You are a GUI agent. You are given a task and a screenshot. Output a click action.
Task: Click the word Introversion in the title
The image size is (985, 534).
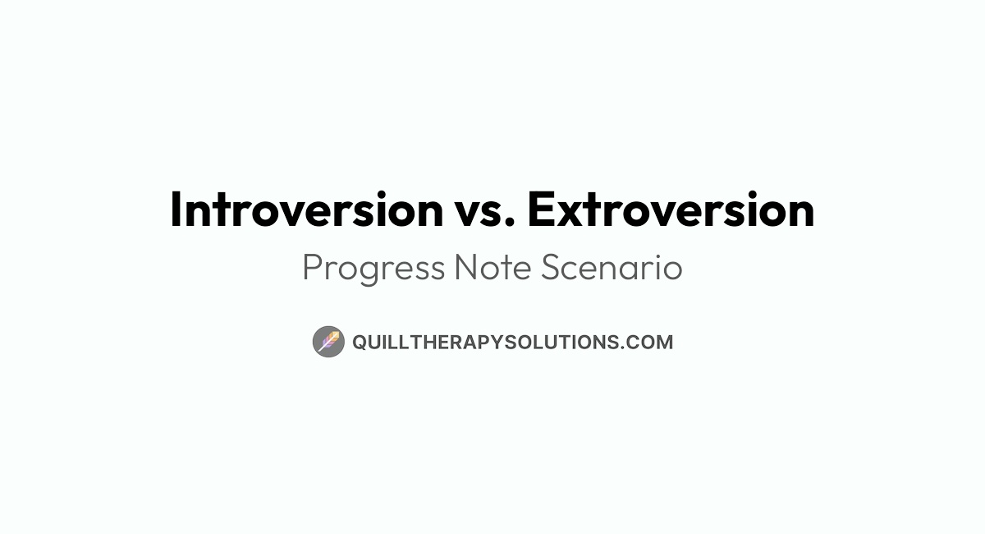pyautogui.click(x=306, y=209)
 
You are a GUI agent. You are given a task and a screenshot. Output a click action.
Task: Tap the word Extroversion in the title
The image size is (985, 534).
pyautogui.click(x=671, y=209)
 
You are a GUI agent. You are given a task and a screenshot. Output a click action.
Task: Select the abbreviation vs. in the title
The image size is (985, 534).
pyautogui.click(x=483, y=212)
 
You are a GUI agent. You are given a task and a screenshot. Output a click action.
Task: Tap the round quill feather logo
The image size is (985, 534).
pyautogui.click(x=328, y=341)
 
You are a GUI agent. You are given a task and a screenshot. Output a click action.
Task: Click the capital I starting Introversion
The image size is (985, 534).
pyautogui.click(x=176, y=209)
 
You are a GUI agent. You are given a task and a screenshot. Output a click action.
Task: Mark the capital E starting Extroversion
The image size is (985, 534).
pyautogui.click(x=540, y=209)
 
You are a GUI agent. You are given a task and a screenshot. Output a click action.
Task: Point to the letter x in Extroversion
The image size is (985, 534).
pyautogui.click(x=570, y=214)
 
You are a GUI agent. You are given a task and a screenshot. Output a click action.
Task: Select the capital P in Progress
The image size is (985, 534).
pyautogui.click(x=312, y=268)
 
